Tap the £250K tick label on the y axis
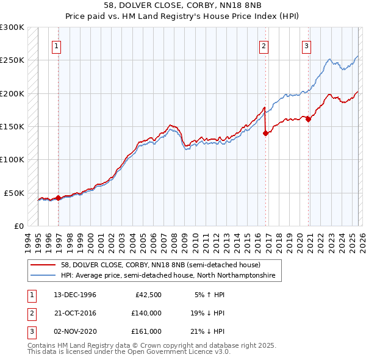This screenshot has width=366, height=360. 12,60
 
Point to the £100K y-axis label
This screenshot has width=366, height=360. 12,160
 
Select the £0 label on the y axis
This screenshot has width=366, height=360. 18,226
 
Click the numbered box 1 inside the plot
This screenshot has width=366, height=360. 56,45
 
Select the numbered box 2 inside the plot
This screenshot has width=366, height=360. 264,45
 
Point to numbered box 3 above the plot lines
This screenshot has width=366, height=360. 306,45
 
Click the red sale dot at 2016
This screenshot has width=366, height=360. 265,133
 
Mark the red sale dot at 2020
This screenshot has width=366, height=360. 308,120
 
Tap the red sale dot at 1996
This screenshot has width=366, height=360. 58,198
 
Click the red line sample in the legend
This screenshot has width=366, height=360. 44,265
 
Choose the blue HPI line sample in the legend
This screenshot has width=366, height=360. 44,276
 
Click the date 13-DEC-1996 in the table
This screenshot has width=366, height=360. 75,295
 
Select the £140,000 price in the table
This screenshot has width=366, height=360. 146,313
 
